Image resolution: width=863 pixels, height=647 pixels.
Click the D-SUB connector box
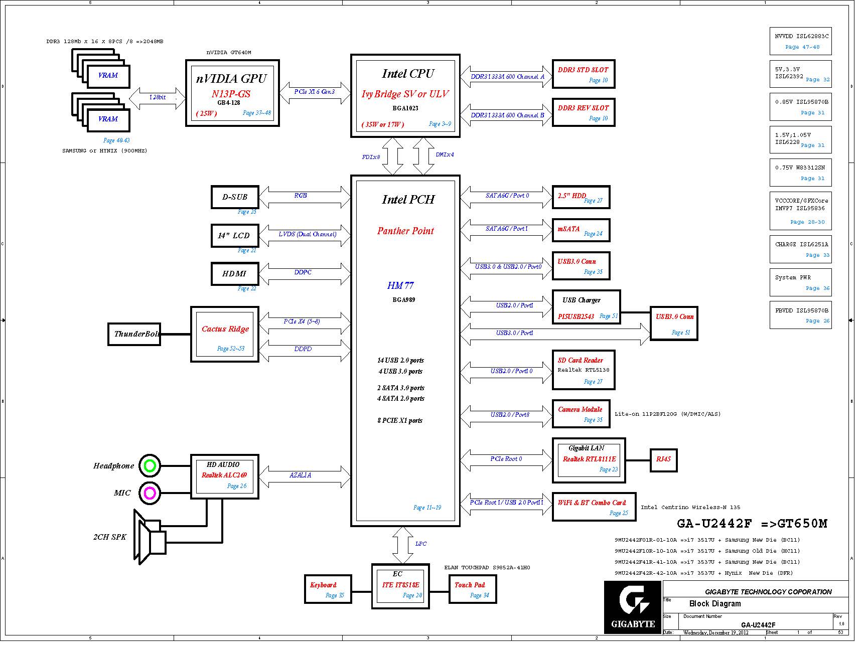pyautogui.click(x=235, y=197)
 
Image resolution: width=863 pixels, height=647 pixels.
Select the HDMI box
pyautogui.click(x=235, y=274)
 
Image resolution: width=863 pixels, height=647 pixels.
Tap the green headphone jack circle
pyautogui.click(x=150, y=466)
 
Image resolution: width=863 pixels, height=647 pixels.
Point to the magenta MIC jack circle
pyautogui.click(x=150, y=493)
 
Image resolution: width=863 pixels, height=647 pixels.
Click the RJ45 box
pyautogui.click(x=663, y=459)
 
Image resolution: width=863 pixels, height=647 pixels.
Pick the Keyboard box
pyautogui.click(x=327, y=589)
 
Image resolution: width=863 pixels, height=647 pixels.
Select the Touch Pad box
pyautogui.click(x=472, y=589)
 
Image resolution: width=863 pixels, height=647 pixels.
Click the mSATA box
pyautogui.click(x=581, y=230)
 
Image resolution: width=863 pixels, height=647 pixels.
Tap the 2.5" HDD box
pyautogui.click(x=581, y=197)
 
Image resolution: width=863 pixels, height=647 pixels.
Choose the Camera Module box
pyautogui.click(x=581, y=414)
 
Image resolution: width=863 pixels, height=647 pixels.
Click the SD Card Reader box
pyautogui.click(x=583, y=370)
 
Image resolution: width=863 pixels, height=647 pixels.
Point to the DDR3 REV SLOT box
pyautogui.click(x=583, y=112)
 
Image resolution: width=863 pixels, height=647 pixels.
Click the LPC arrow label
pyautogui.click(x=421, y=544)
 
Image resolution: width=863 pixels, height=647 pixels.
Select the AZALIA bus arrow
pyautogui.click(x=305, y=475)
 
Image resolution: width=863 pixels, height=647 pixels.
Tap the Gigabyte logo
pyautogui.click(x=632, y=606)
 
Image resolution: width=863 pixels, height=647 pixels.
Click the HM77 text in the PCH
pyautogui.click(x=400, y=285)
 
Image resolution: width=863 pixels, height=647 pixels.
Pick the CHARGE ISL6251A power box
pyautogui.click(x=800, y=249)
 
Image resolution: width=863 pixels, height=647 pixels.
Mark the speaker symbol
pyautogui.click(x=150, y=537)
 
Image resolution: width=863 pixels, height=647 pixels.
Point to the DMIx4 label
pyautogui.click(x=445, y=155)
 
